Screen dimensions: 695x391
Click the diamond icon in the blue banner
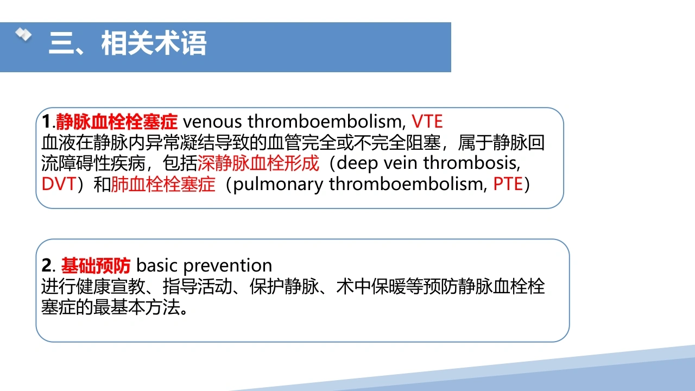point(23,34)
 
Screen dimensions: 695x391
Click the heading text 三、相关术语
point(128,43)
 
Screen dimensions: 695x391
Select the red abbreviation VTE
point(427,121)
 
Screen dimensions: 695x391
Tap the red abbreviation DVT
point(59,184)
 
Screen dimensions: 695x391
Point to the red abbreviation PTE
point(508,184)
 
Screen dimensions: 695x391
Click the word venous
point(212,122)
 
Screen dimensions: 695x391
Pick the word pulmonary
point(278,185)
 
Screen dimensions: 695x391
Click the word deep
point(357,163)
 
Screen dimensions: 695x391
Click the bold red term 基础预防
point(96,266)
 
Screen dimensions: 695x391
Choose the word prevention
point(228,266)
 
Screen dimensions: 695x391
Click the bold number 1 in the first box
point(46,121)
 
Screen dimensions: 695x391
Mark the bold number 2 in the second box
point(47,266)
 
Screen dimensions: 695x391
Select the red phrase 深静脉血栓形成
point(258,163)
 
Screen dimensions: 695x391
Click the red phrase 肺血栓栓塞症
point(163,184)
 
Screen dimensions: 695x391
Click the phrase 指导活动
point(197,286)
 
